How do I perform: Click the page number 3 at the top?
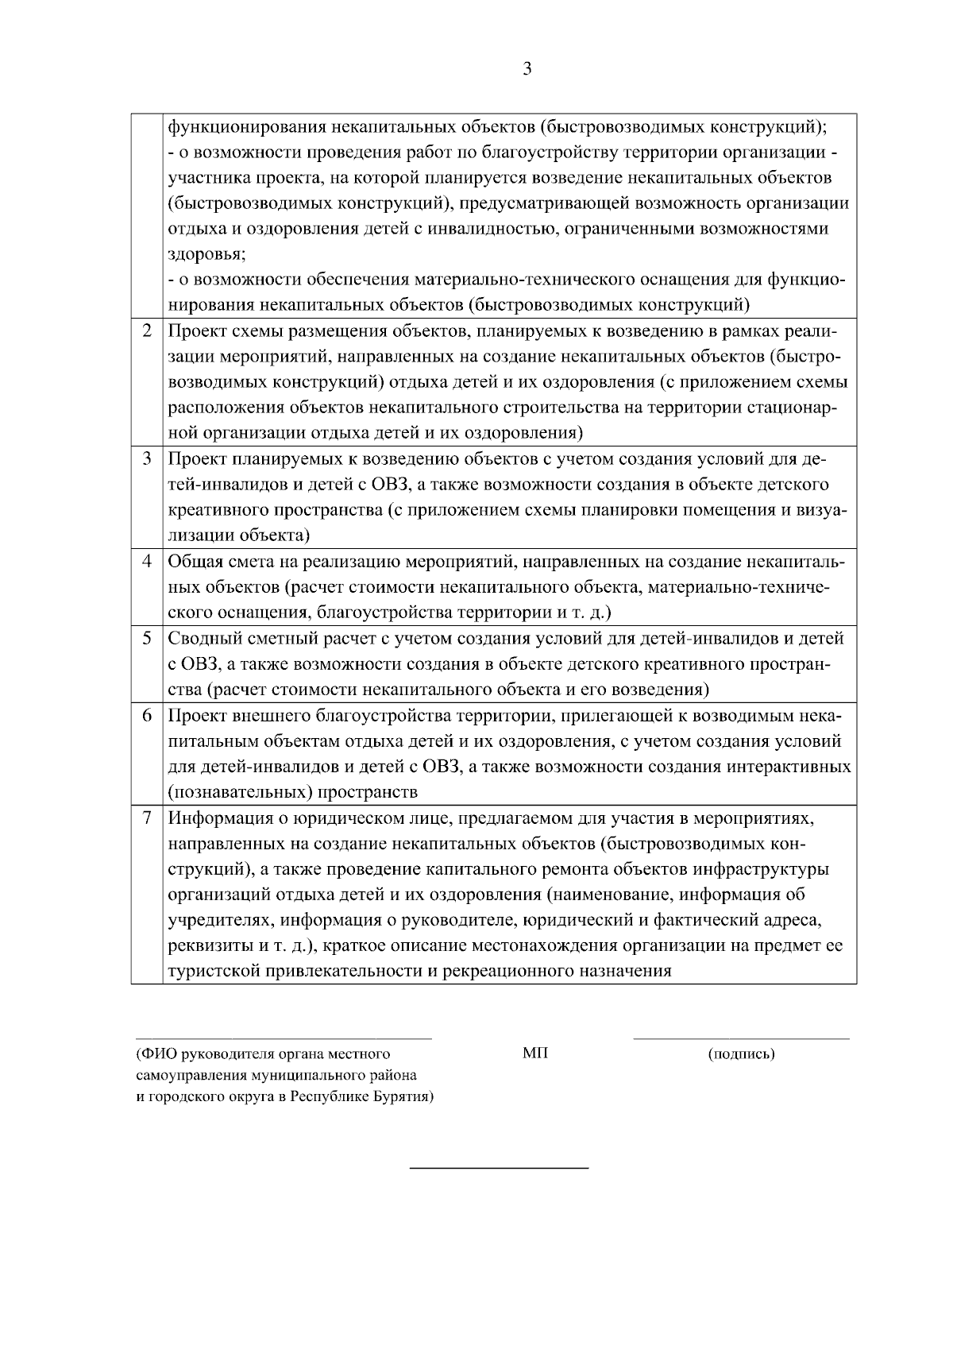pyautogui.click(x=527, y=69)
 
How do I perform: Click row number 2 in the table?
pyautogui.click(x=147, y=330)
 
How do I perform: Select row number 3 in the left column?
pyautogui.click(x=147, y=459)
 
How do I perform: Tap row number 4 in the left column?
pyautogui.click(x=147, y=562)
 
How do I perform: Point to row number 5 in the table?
pyautogui.click(x=147, y=638)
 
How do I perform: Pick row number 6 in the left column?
pyautogui.click(x=147, y=715)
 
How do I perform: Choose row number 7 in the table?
pyautogui.click(x=147, y=818)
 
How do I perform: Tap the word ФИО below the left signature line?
pyautogui.click(x=156, y=1053)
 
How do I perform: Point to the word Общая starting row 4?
pyautogui.click(x=195, y=562)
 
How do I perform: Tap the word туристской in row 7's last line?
pyautogui.click(x=214, y=971)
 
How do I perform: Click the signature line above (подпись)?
pyautogui.click(x=740, y=1038)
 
